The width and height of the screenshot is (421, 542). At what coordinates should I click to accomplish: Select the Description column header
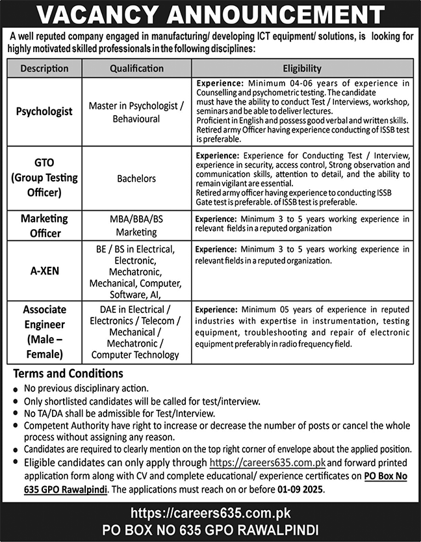pyautogui.click(x=44, y=68)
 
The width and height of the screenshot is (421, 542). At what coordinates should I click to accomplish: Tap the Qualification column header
pyautogui.click(x=136, y=68)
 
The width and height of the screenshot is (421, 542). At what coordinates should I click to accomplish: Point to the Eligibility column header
pyautogui.click(x=302, y=68)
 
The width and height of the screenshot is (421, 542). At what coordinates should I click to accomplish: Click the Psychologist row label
pyautogui.click(x=44, y=111)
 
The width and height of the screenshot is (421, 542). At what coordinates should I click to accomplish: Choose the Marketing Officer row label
pyautogui.click(x=44, y=225)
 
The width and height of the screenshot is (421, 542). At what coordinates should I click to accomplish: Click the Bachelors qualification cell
pyautogui.click(x=136, y=178)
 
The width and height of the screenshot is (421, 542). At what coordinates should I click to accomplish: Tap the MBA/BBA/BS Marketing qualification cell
pyautogui.click(x=136, y=225)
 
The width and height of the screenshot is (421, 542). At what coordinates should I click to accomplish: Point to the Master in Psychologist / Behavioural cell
pyautogui.click(x=136, y=111)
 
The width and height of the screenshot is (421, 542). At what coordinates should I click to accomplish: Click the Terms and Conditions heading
pyautogui.click(x=68, y=373)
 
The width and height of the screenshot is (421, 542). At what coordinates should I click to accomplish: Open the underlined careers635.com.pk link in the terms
pyautogui.click(x=267, y=463)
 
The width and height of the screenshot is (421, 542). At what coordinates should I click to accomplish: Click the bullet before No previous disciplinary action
pyautogui.click(x=15, y=388)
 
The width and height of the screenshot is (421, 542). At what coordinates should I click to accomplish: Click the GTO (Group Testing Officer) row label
pyautogui.click(x=44, y=178)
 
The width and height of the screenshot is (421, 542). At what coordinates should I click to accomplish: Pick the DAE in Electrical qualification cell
pyautogui.click(x=136, y=331)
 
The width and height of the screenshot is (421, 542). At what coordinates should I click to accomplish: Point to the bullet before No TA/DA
pyautogui.click(x=15, y=413)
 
